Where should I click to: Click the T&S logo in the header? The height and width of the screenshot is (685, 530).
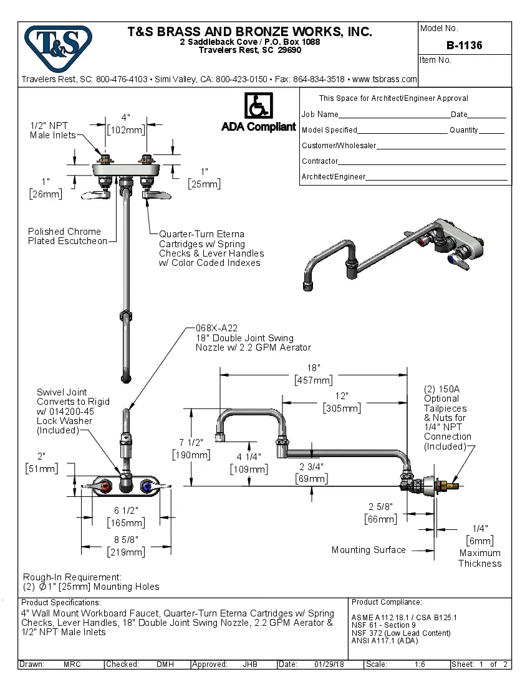(x=57, y=45)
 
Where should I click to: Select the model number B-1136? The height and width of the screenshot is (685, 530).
(x=464, y=45)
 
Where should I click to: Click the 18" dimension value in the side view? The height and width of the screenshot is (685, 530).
(x=313, y=368)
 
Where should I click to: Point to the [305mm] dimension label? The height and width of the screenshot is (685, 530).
(x=342, y=409)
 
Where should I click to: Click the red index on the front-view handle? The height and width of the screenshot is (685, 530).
(x=107, y=485)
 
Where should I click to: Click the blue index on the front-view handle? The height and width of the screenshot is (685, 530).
(x=147, y=485)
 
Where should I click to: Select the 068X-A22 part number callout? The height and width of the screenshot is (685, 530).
(x=216, y=328)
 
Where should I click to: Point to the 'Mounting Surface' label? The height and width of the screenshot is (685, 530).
(x=369, y=550)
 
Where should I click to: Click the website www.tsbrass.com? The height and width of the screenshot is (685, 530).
(x=384, y=79)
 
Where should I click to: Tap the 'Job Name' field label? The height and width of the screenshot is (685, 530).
(x=320, y=115)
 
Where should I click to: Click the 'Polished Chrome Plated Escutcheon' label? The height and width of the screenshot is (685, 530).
(x=67, y=236)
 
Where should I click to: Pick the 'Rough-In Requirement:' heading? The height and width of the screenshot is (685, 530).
(x=72, y=577)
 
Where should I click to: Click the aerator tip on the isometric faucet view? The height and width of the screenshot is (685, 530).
(x=307, y=286)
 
